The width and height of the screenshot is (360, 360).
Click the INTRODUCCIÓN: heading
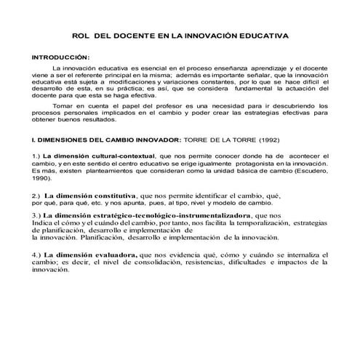click(x=60, y=56)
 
